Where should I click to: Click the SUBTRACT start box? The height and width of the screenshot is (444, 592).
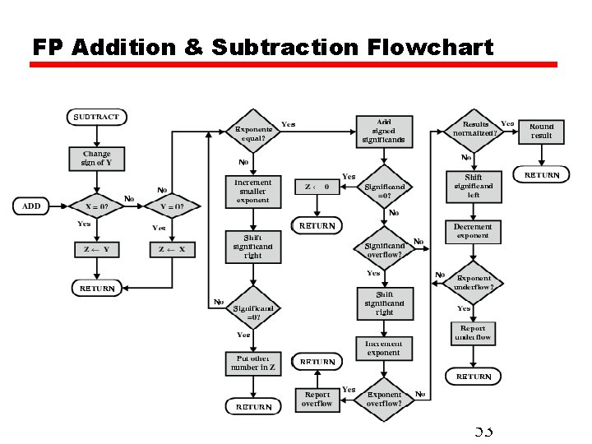(x=96, y=117)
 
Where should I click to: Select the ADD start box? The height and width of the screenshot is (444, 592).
(x=31, y=206)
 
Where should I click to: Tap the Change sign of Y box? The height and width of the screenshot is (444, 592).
(x=96, y=158)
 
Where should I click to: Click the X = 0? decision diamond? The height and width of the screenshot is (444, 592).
(x=96, y=206)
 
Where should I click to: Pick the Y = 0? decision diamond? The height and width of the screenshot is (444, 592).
(x=172, y=206)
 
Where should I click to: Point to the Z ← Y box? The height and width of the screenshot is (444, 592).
(x=96, y=249)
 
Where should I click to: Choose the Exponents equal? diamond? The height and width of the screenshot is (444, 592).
(x=253, y=133)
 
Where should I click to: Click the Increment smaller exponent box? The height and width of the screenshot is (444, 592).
(x=252, y=191)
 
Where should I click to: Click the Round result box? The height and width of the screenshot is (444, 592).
(x=541, y=132)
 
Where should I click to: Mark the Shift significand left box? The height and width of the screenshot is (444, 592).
(x=473, y=186)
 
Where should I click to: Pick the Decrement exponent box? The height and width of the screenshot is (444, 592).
(x=473, y=231)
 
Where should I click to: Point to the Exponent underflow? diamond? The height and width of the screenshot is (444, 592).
(x=474, y=283)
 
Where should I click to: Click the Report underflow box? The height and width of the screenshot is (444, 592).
(x=474, y=333)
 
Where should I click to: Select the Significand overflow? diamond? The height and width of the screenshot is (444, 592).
(x=384, y=250)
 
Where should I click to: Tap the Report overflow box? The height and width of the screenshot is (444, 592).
(x=317, y=399)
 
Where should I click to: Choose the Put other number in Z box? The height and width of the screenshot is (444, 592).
(x=252, y=363)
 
